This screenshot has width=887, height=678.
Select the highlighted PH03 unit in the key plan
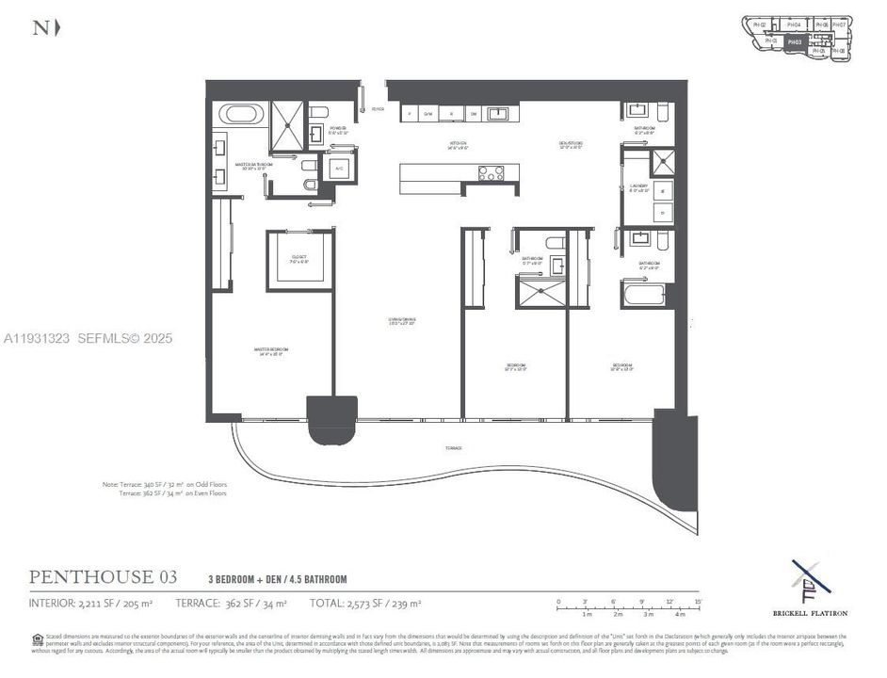(794, 41)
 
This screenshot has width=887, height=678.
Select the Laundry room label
(639, 187)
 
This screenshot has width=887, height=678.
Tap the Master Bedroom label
(270, 350)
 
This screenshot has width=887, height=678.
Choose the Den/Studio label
(571, 145)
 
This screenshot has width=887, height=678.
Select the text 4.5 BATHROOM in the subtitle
(314, 579)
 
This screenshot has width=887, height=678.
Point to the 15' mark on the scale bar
(698, 602)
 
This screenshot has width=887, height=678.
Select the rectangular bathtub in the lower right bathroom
(646, 296)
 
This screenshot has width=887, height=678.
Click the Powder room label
(337, 129)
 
